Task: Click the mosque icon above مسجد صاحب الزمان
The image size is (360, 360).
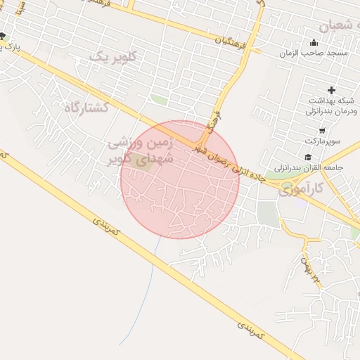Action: (x=314, y=42)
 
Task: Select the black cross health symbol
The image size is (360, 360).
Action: (x=331, y=90)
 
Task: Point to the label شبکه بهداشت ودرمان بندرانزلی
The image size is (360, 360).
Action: (x=331, y=106)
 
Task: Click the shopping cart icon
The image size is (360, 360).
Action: (x=322, y=130)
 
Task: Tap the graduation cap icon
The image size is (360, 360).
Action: (x=307, y=157)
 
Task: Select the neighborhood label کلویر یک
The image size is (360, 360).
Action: (x=110, y=57)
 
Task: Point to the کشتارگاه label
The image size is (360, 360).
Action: (x=86, y=108)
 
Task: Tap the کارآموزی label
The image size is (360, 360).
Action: (x=301, y=188)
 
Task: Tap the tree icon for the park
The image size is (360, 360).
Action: (x=3, y=37)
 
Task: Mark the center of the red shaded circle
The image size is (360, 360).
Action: (x=180, y=179)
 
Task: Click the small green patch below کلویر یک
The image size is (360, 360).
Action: (x=160, y=101)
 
